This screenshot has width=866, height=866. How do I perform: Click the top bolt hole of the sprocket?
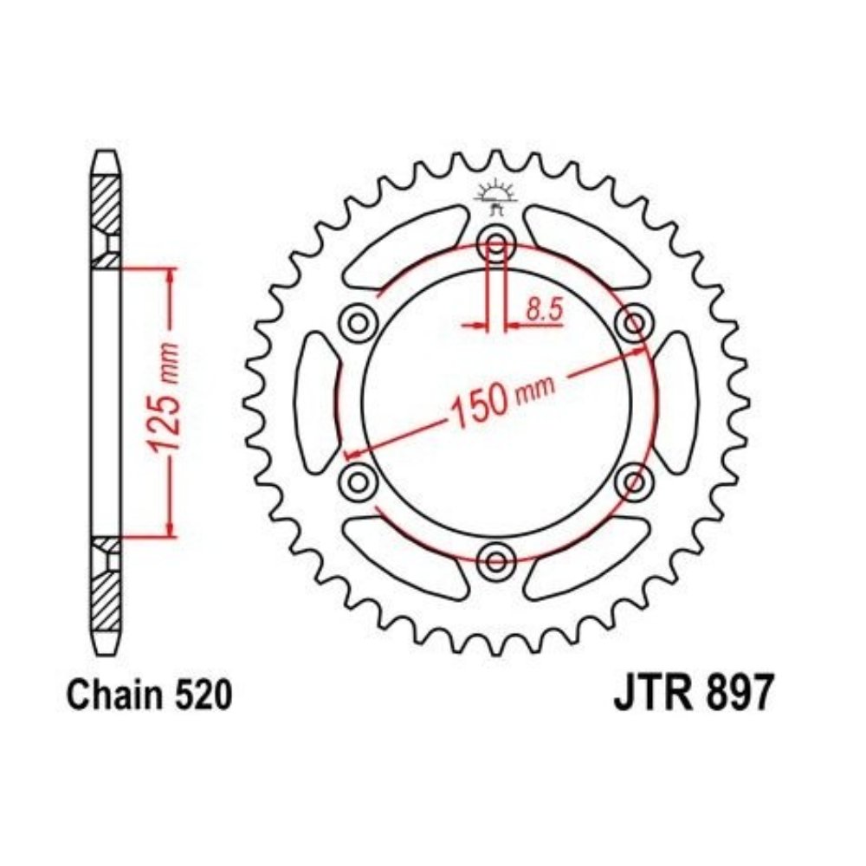coord(495,241)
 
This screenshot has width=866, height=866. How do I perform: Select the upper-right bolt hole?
coord(633,321)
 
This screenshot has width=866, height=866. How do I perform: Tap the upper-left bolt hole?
coord(358,321)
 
